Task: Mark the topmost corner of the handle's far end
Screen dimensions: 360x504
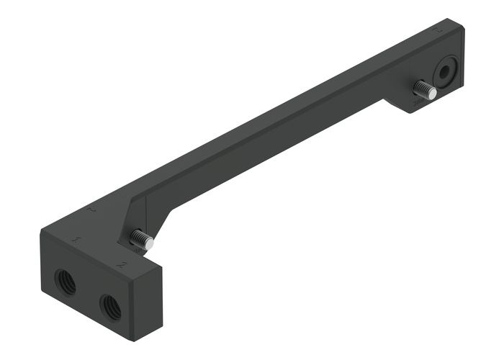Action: (451, 19)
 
